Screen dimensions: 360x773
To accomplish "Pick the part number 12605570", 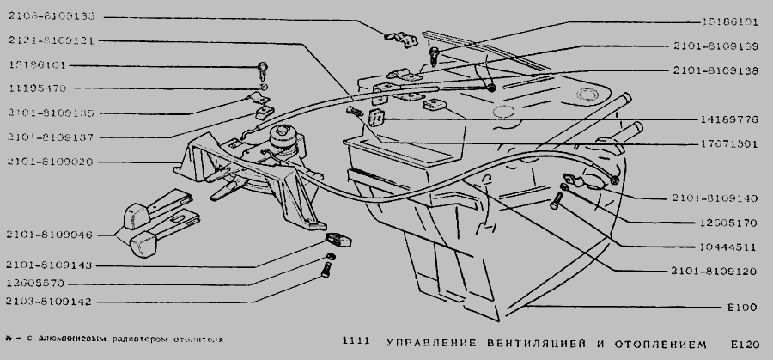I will (x=40, y=283).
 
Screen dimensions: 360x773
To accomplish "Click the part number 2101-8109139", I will (x=715, y=46).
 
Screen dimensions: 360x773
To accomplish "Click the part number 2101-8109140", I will (x=715, y=197).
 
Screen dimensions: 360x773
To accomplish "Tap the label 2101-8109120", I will (x=715, y=271).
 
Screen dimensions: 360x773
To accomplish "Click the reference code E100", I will (x=740, y=307).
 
